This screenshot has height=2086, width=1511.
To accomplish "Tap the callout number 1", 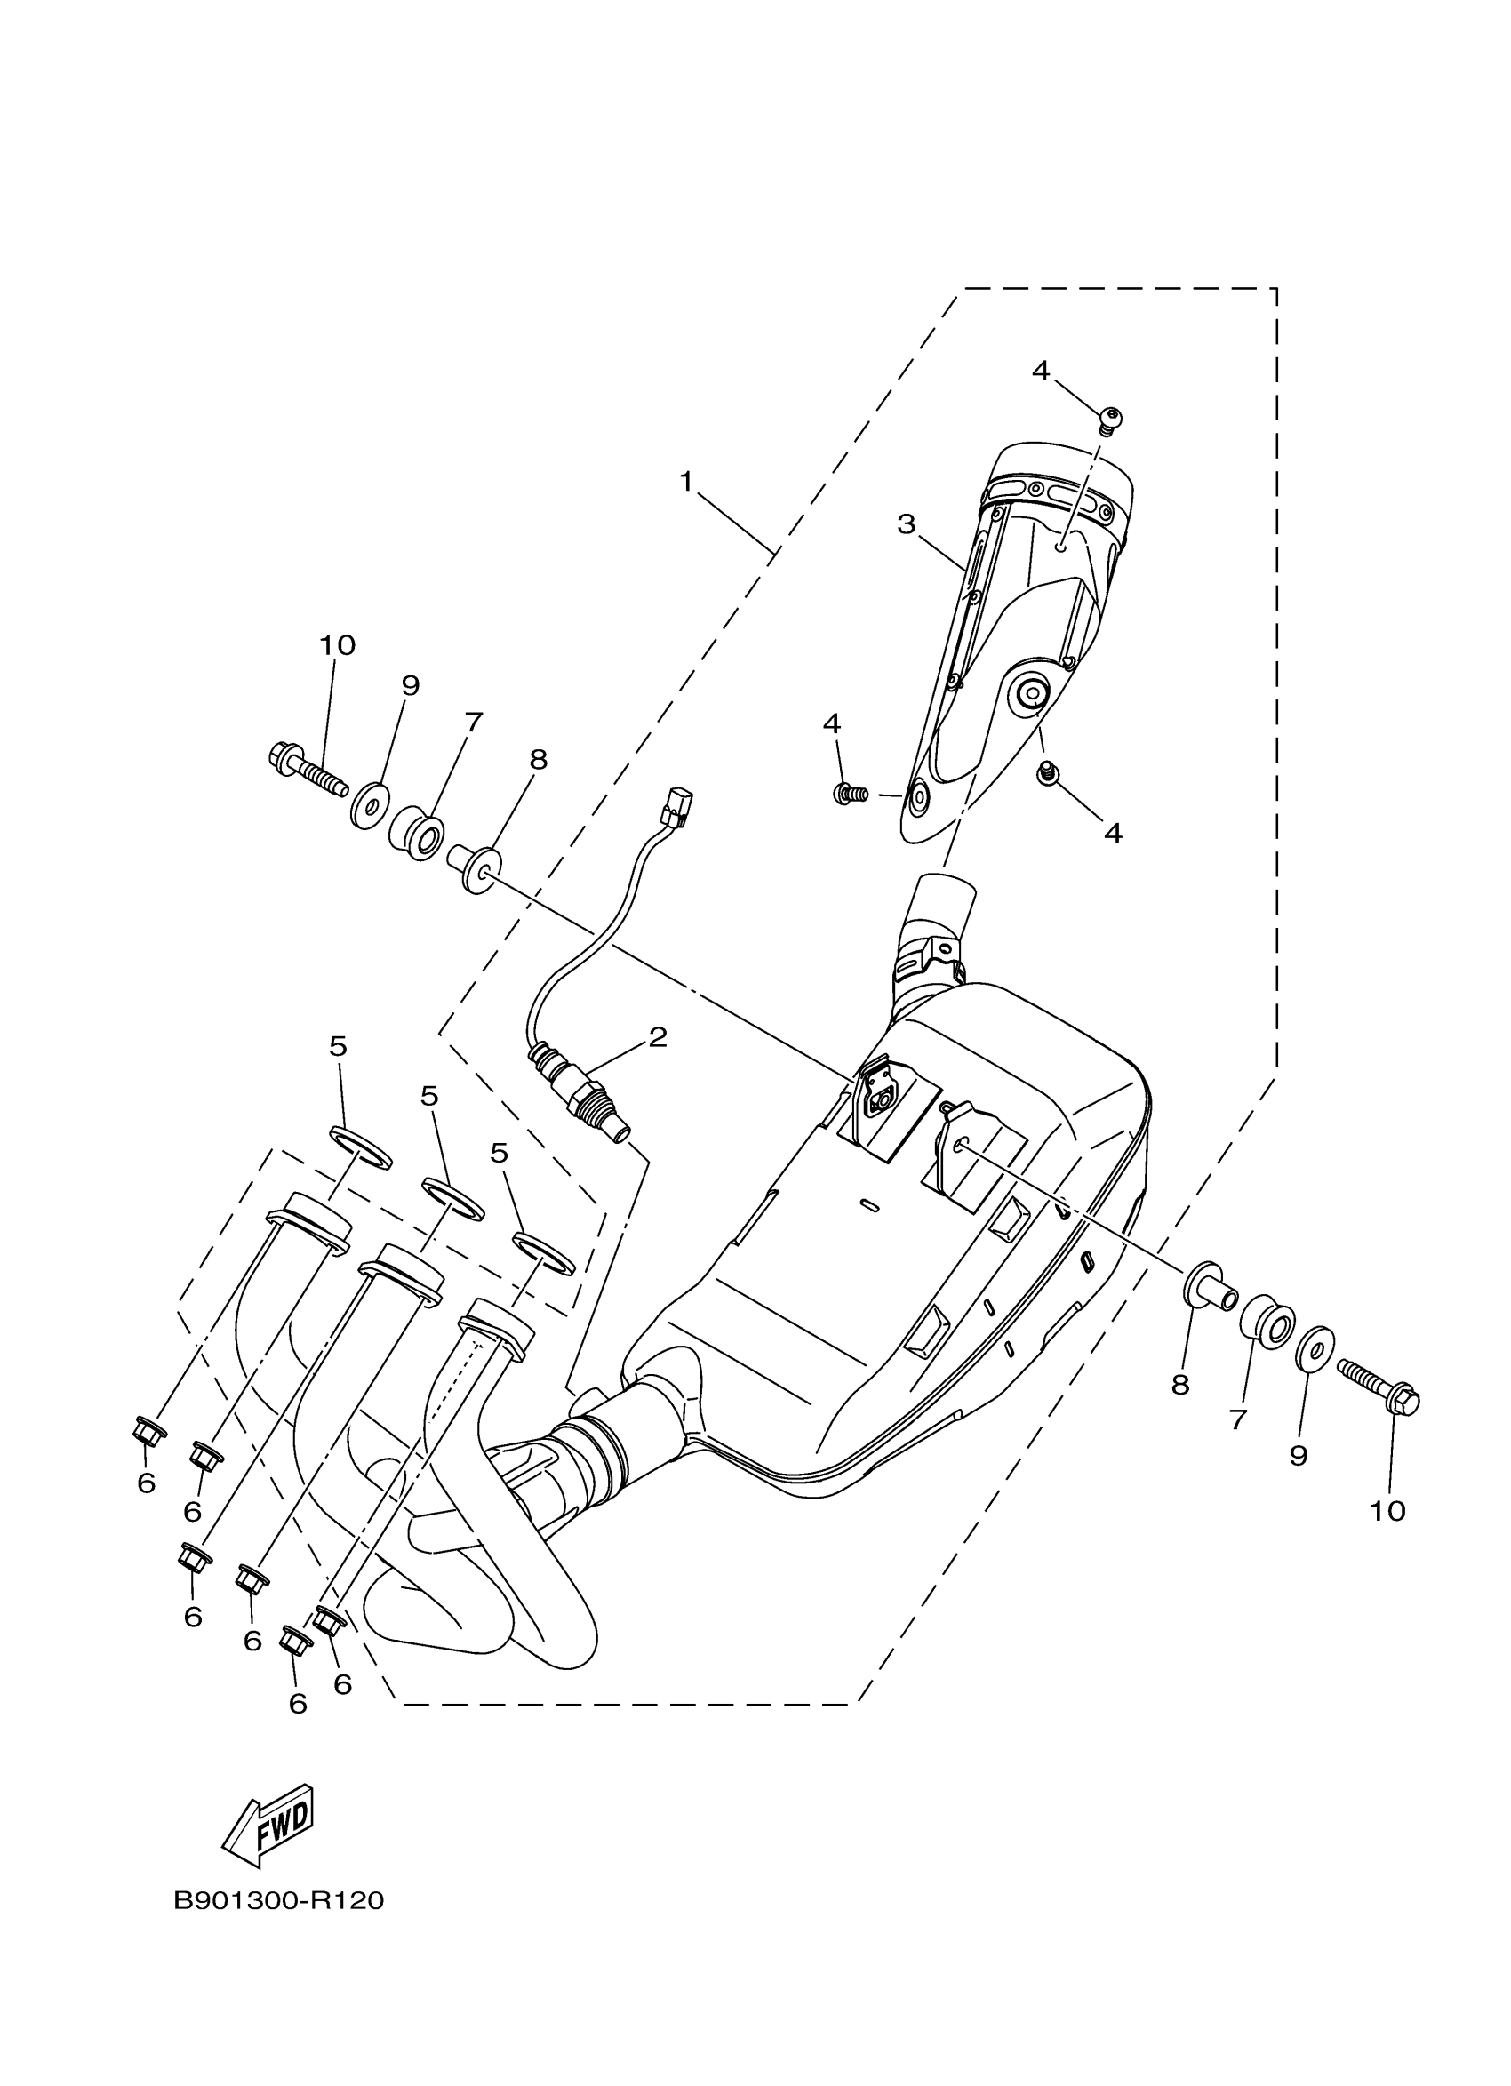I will pos(686,481).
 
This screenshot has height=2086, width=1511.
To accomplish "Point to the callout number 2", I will pos(657,1037).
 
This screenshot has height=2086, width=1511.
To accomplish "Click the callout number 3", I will pos(906,524).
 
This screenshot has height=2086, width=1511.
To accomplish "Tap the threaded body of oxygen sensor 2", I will pos(592,1105).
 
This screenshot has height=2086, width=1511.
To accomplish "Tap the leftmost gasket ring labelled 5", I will pos(360,1149).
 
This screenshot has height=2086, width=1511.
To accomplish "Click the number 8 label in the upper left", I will pos(538,760).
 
